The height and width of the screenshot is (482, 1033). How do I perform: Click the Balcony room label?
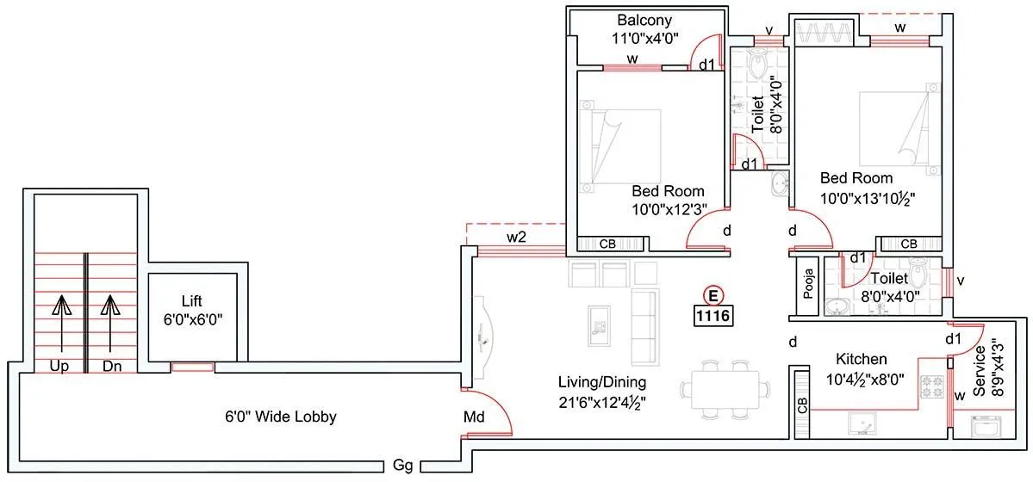pos(644,20)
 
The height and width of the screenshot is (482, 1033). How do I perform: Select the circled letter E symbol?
pos(713,295)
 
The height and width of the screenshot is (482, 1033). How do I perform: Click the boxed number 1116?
pos(713,317)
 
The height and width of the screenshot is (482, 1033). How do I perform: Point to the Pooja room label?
pos(808,282)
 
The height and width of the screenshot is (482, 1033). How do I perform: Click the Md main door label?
pos(473,417)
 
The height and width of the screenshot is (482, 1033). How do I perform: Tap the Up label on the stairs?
pos(60,366)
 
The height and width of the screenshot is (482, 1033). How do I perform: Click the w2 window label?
pos(516,237)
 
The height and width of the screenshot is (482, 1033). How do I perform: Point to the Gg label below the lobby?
pos(402,466)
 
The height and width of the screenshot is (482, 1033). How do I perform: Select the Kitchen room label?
pos(862,359)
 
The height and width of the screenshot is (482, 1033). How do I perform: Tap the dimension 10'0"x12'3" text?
pos(668,207)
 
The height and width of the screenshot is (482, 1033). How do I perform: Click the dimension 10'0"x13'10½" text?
pos(867,197)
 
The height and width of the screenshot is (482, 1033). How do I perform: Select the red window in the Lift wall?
pos(191,368)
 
